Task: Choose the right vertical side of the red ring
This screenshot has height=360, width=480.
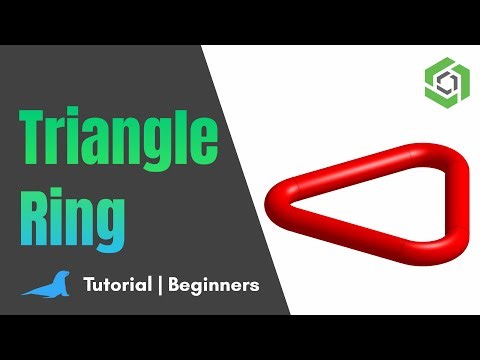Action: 438,204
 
